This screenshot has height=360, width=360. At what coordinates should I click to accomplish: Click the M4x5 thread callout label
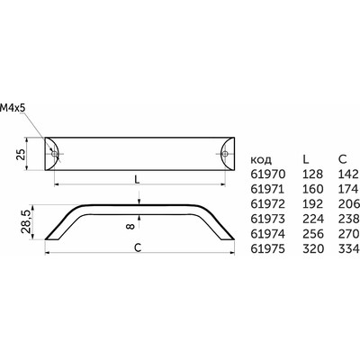[x=13, y=108]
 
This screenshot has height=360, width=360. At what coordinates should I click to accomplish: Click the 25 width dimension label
[x=21, y=155]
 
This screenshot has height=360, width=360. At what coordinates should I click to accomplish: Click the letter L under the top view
[x=137, y=179]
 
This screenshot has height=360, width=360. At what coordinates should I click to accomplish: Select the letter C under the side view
[x=138, y=247]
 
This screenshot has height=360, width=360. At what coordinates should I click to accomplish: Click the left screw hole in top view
[x=54, y=154]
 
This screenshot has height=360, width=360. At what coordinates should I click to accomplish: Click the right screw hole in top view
[x=225, y=154]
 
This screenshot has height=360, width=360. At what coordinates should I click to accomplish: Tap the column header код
[x=261, y=160]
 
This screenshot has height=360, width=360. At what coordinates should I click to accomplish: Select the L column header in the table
[x=306, y=159]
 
